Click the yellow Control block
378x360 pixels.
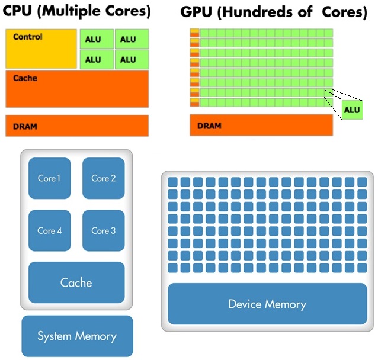pyautogui.click(x=41, y=49)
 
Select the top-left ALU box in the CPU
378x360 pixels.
pyautogui.click(x=96, y=39)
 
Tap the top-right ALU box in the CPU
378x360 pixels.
pyautogui.click(x=131, y=39)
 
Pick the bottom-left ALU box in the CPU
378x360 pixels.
pyautogui.click(x=96, y=59)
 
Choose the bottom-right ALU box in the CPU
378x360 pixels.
pyautogui.click(x=131, y=59)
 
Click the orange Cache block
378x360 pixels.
pyautogui.click(x=77, y=89)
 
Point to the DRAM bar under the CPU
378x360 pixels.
pyautogui.click(x=77, y=126)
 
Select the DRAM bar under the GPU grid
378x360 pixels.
pyautogui.click(x=261, y=126)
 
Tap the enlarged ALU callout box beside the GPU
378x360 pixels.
pyautogui.click(x=352, y=110)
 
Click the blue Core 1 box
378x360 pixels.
pyautogui.click(x=49, y=178)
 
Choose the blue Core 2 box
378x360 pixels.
pyautogui.click(x=104, y=178)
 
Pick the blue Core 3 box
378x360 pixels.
pyautogui.click(x=104, y=230)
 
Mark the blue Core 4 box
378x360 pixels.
pyautogui.click(x=49, y=230)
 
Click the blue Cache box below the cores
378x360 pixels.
pyautogui.click(x=76, y=282)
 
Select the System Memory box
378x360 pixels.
pyautogui.click(x=77, y=336)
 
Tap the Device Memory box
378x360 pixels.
pyautogui.click(x=267, y=304)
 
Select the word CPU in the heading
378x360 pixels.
pyautogui.click(x=18, y=11)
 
